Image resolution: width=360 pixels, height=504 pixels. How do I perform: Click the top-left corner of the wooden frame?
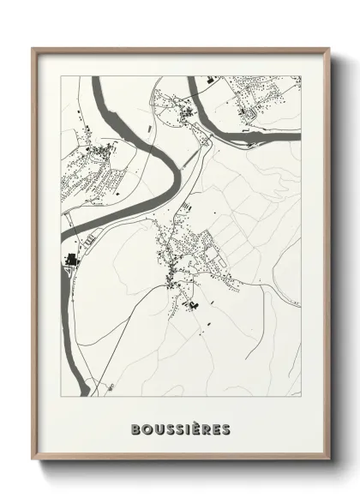click(x=33, y=48)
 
